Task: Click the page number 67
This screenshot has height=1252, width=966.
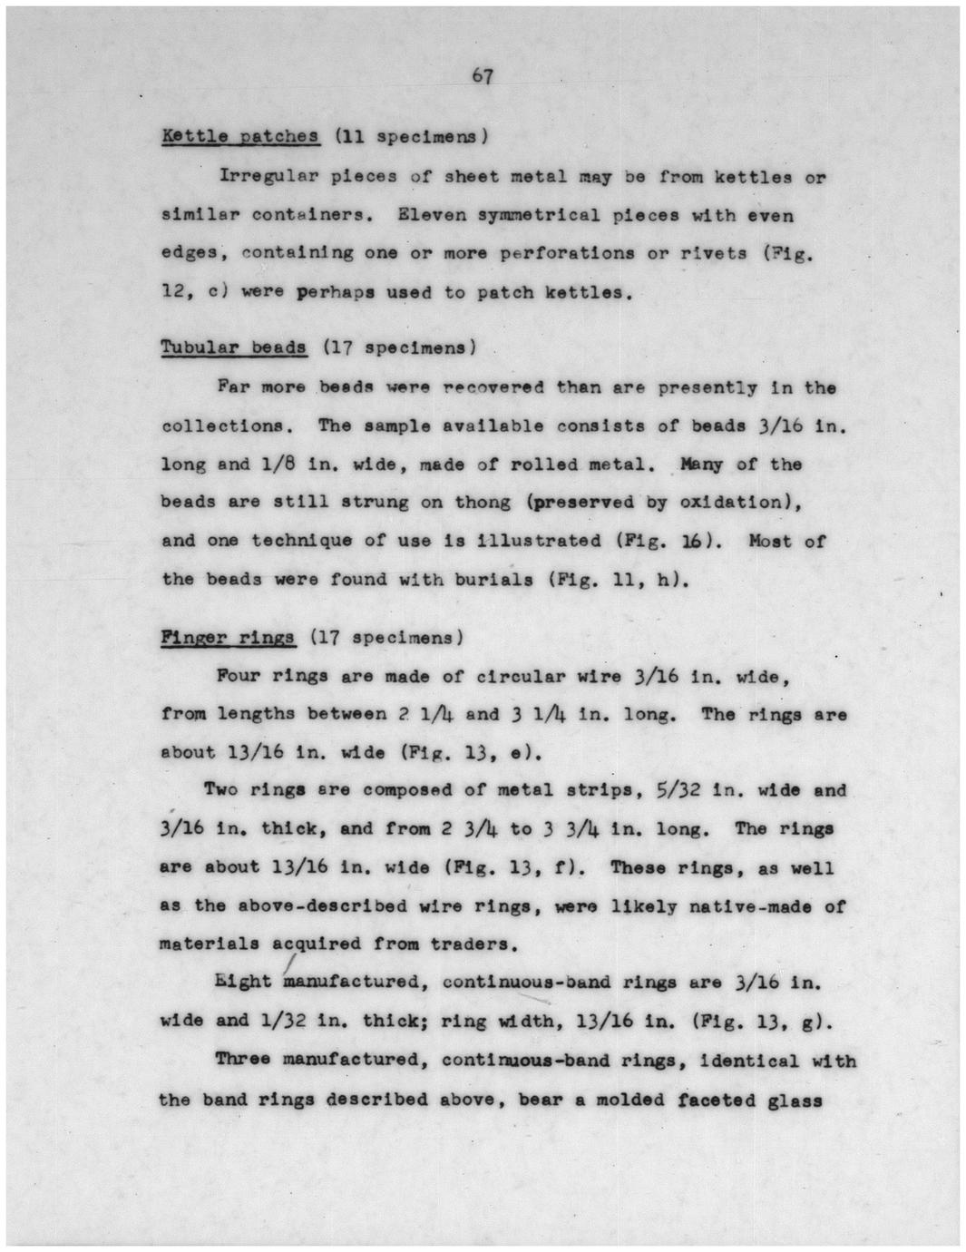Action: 483,76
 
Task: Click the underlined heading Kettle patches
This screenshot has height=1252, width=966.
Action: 240,137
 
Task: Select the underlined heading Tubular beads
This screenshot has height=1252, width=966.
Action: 234,347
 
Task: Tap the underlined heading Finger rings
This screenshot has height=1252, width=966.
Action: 228,637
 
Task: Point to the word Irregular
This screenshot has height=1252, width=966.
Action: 265,176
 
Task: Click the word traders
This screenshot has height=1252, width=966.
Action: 474,944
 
